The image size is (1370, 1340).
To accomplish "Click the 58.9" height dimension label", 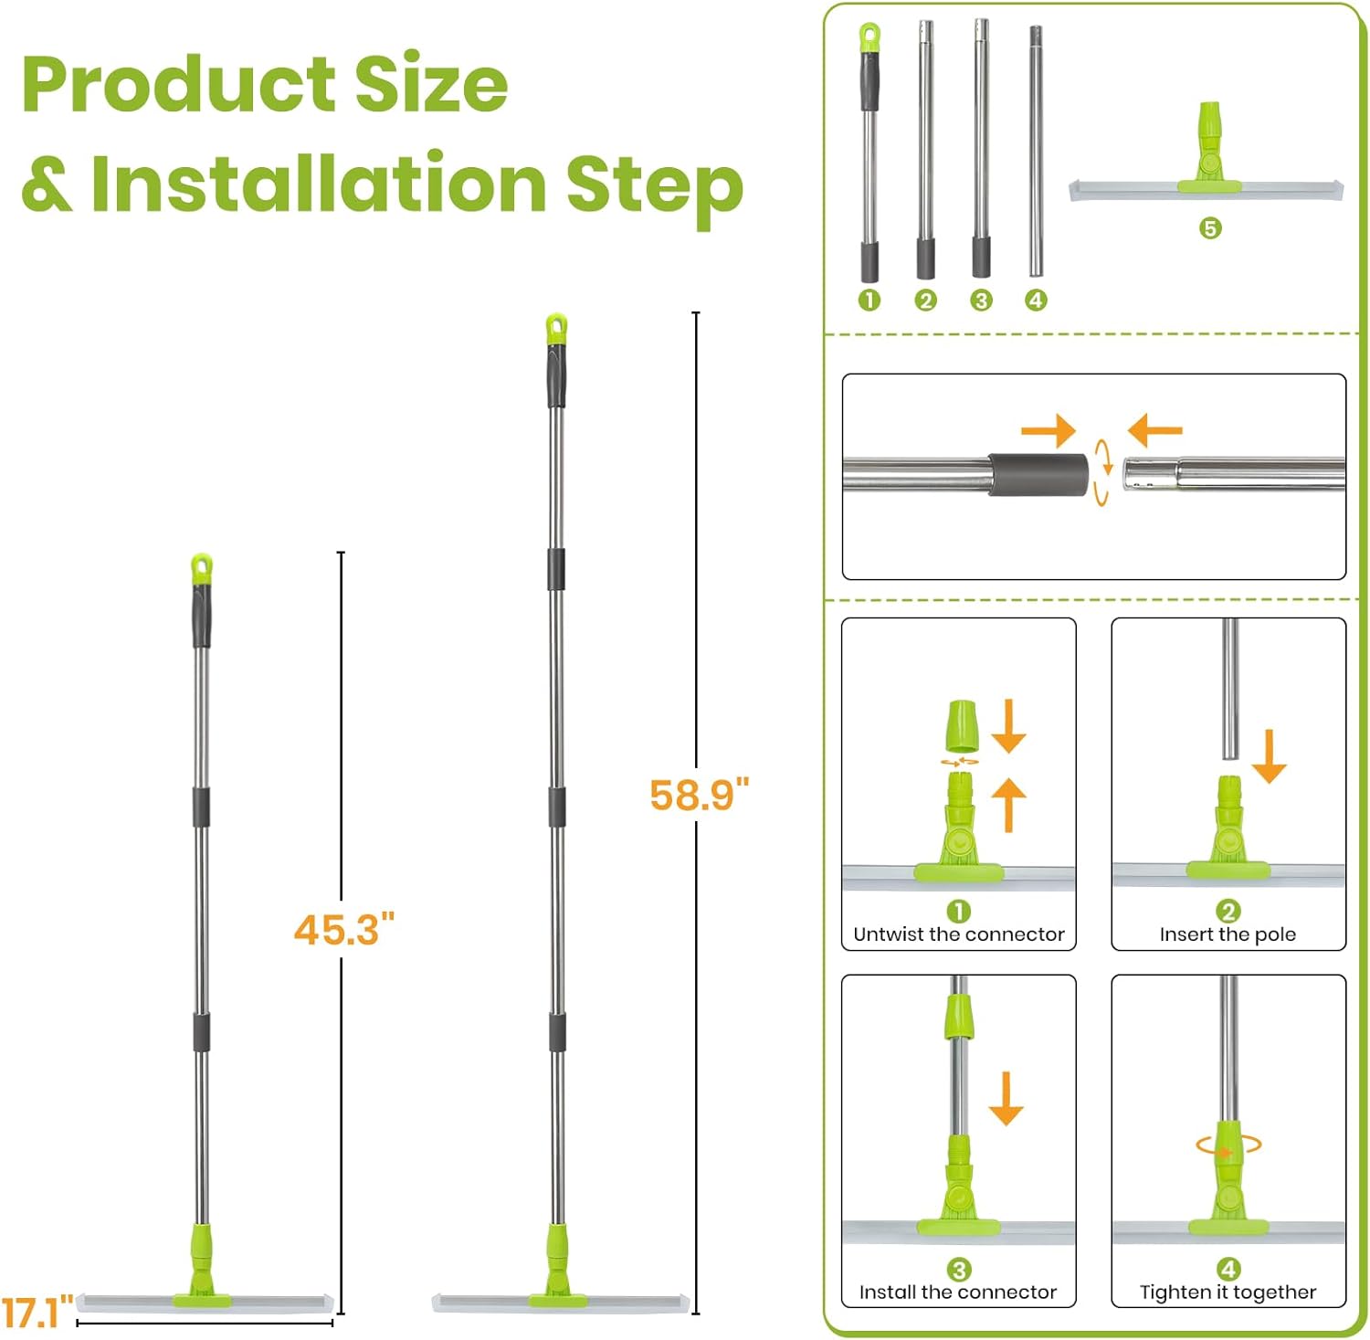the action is pyautogui.click(x=699, y=795).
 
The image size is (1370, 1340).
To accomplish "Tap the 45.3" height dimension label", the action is pyautogui.click(x=344, y=930).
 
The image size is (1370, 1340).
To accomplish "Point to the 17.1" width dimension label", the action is pyautogui.click(x=37, y=1314).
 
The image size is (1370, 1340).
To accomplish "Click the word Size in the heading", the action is pyautogui.click(x=430, y=83).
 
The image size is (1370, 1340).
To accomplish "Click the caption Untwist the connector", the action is pyautogui.click(x=959, y=934).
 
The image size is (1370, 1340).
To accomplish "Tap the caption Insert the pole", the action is pyautogui.click(x=1228, y=934).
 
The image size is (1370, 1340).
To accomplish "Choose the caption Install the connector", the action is pyautogui.click(x=958, y=1293).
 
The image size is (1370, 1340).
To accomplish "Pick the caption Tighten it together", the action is pyautogui.click(x=1228, y=1293).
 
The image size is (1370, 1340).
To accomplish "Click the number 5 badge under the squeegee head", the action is pyautogui.click(x=1210, y=228).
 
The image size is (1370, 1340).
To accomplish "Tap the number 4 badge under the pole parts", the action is pyautogui.click(x=1036, y=300).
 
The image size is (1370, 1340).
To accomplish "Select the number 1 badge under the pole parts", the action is pyautogui.click(x=869, y=300).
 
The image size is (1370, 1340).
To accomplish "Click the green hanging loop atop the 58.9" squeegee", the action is pyautogui.click(x=556, y=329).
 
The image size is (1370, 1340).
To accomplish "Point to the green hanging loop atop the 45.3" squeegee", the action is pyautogui.click(x=202, y=567).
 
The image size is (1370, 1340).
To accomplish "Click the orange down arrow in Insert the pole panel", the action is pyautogui.click(x=1270, y=756).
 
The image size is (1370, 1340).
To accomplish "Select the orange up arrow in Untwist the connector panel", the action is pyautogui.click(x=1009, y=805).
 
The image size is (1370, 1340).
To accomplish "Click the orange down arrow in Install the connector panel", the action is pyautogui.click(x=1006, y=1099).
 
